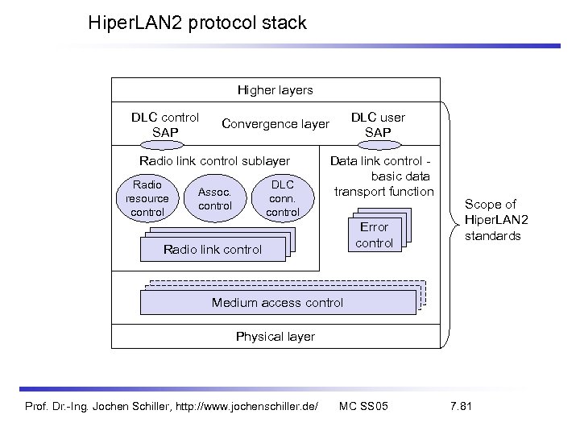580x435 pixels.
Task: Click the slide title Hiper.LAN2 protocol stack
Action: (197, 23)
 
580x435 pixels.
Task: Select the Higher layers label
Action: (275, 89)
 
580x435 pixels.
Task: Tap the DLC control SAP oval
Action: (165, 145)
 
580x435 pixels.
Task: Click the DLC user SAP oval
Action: (378, 145)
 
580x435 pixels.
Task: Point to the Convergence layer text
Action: (275, 124)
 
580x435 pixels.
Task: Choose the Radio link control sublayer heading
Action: (214, 162)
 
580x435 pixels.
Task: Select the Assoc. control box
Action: (214, 199)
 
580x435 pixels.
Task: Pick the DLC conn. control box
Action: (283, 198)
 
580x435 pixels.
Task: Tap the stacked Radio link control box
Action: (212, 249)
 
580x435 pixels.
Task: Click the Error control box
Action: (374, 234)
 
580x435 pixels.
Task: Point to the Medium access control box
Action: (277, 302)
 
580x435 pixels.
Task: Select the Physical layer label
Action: (275, 335)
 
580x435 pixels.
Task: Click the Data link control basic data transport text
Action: (382, 176)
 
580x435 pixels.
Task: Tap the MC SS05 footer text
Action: (363, 404)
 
